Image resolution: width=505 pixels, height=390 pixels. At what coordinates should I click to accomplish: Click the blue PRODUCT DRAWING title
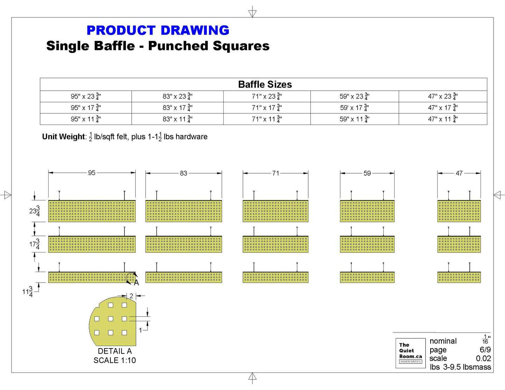[x=158, y=30]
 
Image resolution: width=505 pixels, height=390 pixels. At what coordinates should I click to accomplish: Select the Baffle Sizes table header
[x=265, y=84]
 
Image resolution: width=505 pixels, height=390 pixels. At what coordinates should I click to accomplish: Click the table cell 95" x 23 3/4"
[x=86, y=96]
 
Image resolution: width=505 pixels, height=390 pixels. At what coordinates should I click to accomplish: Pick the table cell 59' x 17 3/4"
[x=354, y=108]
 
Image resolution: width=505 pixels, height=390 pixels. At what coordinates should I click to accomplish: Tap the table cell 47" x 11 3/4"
[x=443, y=119]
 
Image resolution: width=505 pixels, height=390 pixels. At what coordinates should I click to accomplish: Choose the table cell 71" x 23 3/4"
[x=267, y=96]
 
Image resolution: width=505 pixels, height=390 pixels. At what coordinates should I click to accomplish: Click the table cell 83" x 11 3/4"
[x=177, y=119]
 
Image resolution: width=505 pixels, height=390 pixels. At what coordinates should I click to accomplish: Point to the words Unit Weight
[x=63, y=137]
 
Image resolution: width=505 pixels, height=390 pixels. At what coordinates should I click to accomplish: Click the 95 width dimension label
[x=92, y=173]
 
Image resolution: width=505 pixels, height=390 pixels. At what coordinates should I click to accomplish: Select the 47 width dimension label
[x=459, y=173]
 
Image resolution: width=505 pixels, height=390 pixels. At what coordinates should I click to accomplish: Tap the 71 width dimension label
[x=275, y=173]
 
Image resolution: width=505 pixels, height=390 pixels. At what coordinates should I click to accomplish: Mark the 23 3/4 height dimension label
[x=35, y=211]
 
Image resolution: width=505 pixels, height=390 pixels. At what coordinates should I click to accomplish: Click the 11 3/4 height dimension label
[x=28, y=292]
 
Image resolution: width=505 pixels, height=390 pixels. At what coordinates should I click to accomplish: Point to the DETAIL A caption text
[x=115, y=351]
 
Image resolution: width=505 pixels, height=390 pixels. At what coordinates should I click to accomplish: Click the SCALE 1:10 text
[x=115, y=360]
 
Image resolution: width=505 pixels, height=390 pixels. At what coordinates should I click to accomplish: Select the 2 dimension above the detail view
[x=131, y=296]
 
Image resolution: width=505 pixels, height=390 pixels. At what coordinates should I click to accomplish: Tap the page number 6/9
[x=485, y=350]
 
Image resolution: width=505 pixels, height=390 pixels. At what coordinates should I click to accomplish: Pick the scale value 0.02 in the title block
[x=483, y=359]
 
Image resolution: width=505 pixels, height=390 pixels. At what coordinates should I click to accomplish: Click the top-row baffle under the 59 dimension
[x=367, y=211]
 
